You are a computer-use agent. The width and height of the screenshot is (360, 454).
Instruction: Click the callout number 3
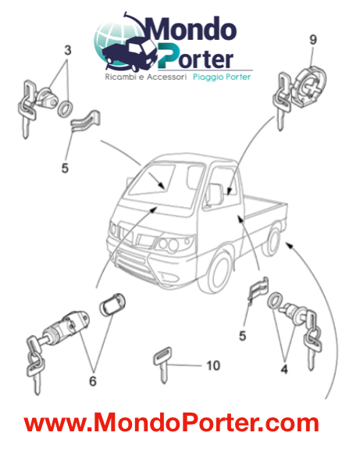(x=69, y=50)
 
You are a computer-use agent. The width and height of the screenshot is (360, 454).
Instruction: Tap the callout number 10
(x=213, y=364)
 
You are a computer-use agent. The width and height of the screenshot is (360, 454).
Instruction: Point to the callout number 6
(x=93, y=381)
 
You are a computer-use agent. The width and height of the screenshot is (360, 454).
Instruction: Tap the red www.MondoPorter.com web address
(x=171, y=424)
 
